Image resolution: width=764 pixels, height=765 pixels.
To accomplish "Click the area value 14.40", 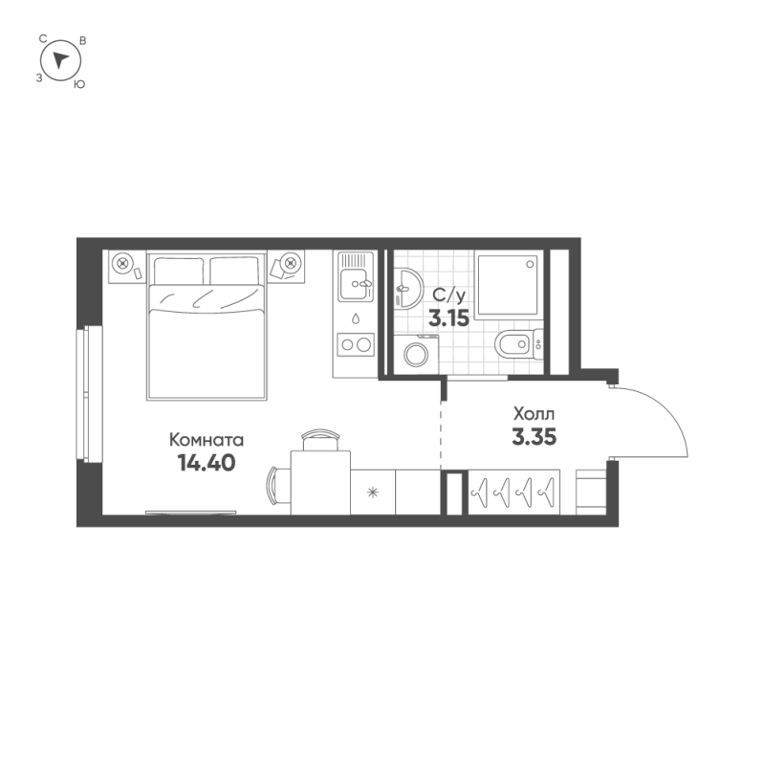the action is click(207, 463).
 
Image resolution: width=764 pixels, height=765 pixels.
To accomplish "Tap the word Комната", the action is click(207, 440).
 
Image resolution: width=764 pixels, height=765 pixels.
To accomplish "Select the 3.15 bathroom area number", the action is click(448, 318).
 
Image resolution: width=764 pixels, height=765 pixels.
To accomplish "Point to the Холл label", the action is click(534, 414).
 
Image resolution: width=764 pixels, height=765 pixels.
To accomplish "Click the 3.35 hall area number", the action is click(534, 437).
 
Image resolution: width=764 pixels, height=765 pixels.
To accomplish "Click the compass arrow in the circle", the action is click(60, 60).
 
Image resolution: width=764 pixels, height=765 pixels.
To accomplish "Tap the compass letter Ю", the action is click(79, 84).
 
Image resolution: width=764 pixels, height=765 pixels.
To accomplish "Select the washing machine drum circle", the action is click(416, 355).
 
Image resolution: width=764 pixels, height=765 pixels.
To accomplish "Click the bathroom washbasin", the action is click(407, 289).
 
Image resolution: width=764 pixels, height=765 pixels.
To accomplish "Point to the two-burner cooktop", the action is click(356, 344).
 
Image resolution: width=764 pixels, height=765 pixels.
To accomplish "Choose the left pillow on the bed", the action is click(179, 271).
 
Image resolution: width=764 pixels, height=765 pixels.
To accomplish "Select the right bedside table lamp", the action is click(291, 263).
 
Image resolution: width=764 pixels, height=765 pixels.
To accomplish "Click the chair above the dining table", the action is click(320, 440).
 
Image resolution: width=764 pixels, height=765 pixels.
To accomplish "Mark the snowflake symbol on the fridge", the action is click(373, 492).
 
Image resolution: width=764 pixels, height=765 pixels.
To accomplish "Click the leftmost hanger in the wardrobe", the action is click(480, 492).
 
